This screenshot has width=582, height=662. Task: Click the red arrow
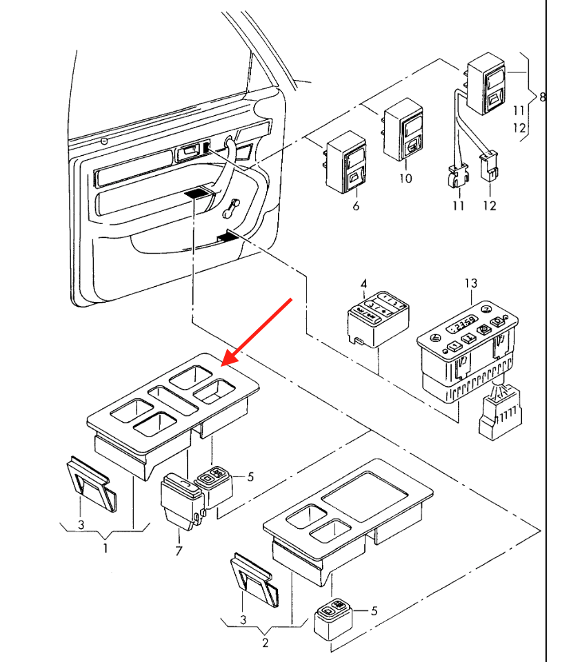257,332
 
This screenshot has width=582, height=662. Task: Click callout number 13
470,283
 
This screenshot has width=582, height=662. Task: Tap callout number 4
364,283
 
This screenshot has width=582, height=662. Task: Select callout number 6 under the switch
356,206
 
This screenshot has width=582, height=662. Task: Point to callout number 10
405,178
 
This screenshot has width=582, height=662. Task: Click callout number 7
179,550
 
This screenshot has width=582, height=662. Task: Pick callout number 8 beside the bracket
542,97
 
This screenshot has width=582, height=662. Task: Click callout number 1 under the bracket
106,548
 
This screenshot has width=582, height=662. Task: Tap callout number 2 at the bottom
265,643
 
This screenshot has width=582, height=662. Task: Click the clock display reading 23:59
462,324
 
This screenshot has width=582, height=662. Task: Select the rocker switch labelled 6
346,163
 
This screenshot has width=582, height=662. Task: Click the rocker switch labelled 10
403,130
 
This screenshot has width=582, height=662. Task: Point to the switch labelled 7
181,501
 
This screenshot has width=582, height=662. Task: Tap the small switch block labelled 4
378,319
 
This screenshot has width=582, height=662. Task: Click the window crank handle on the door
231,208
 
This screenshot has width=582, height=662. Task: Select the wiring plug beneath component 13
500,414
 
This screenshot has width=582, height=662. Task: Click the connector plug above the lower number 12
489,166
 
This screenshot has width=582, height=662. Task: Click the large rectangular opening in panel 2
365,496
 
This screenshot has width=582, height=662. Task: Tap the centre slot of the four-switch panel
173,400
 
